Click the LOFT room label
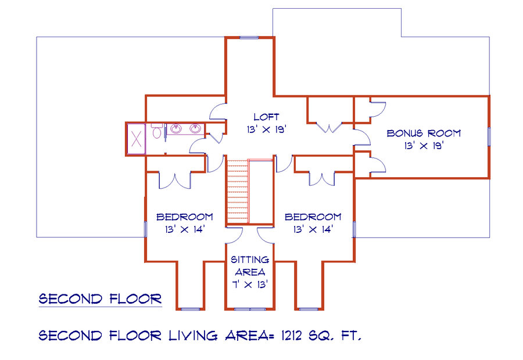click(266, 117)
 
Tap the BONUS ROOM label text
click(424, 134)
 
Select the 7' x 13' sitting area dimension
click(250, 285)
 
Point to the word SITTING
click(250, 260)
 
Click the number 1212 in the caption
click(292, 336)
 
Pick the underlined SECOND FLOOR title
click(100, 298)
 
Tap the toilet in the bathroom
click(156, 131)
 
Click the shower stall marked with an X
click(137, 139)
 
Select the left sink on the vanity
click(175, 128)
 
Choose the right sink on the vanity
click(195, 128)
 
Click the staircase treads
click(238, 192)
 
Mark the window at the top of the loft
click(249, 38)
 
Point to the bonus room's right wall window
click(489, 136)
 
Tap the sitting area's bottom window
click(250, 309)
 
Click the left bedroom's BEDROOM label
click(184, 217)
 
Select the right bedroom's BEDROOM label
click(313, 217)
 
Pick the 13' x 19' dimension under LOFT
click(267, 129)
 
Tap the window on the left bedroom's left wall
click(145, 229)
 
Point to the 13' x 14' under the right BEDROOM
click(313, 229)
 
